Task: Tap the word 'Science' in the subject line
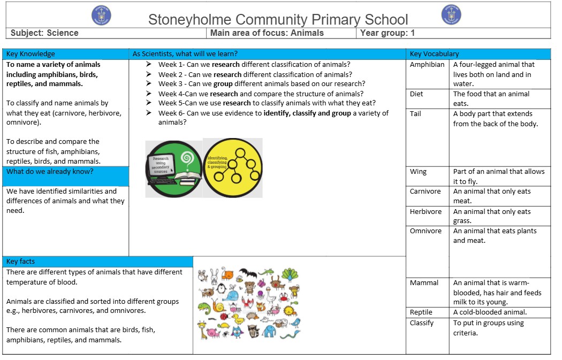63,33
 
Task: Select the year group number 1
413,33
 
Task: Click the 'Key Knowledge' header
31,54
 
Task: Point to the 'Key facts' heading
20,262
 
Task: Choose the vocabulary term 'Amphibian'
427,65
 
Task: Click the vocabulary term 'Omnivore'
426,231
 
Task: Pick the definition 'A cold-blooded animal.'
490,312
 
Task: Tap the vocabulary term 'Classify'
422,323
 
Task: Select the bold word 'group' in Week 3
223,84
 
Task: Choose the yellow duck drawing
238,319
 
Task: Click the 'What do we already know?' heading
50,172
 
